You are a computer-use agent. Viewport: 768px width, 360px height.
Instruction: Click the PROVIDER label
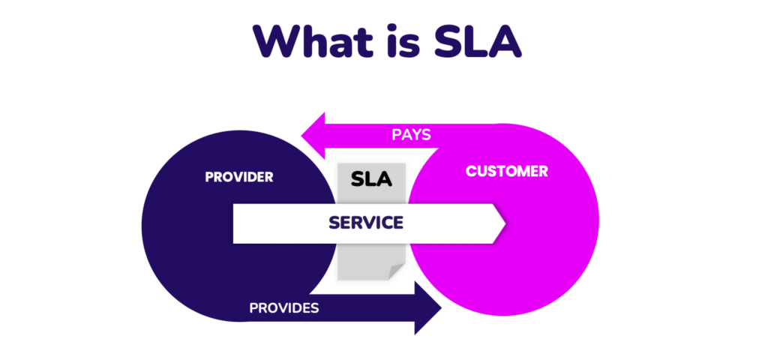click(239, 178)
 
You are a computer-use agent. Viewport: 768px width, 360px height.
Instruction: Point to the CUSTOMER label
click(507, 171)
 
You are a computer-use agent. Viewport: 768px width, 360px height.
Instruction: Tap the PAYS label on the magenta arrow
click(411, 135)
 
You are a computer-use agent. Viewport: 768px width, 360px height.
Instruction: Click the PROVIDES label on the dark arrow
click(284, 307)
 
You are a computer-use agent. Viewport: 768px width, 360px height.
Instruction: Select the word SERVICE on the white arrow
click(366, 223)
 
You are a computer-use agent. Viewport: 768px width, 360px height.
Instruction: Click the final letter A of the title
click(502, 42)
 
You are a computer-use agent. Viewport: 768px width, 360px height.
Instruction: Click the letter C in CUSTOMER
click(471, 171)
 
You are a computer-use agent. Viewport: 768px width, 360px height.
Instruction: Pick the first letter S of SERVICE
click(334, 223)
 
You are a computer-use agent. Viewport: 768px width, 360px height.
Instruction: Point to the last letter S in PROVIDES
click(315, 307)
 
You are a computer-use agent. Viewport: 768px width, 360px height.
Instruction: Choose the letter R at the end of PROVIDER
click(268, 178)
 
